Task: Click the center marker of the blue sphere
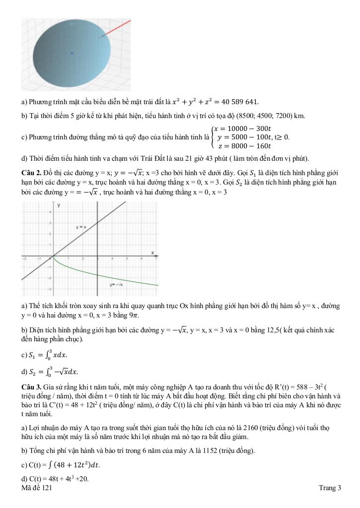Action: pyautogui.click(x=72, y=53)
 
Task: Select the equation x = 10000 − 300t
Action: pyautogui.click(x=242, y=128)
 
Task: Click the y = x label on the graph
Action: pyautogui.click(x=81, y=227)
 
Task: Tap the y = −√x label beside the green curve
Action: pyautogui.click(x=117, y=285)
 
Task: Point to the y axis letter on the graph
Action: pyautogui.click(x=59, y=204)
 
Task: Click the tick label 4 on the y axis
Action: pyautogui.click(x=49, y=212)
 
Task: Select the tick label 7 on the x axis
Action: pyautogui.click(x=157, y=259)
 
